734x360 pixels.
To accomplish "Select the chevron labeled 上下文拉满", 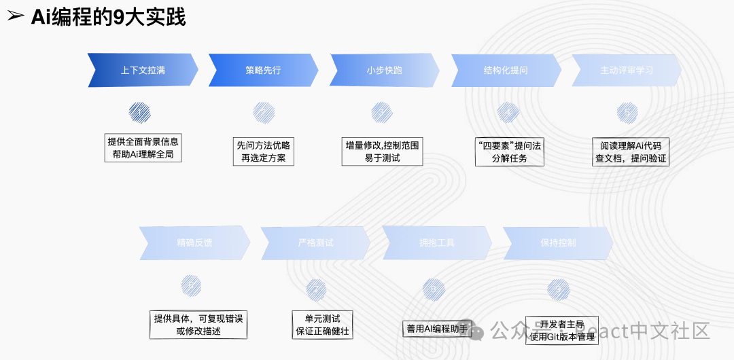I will pyautogui.click(x=143, y=70).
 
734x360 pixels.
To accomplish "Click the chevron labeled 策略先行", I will pyautogui.click(x=263, y=70).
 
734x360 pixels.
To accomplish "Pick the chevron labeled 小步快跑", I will pyautogui.click(x=385, y=70).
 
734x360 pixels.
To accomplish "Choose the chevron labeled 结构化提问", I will pyautogui.click(x=506, y=70).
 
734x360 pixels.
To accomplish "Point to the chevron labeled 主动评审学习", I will pyautogui.click(x=626, y=70).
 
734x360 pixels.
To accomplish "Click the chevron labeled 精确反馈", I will pyautogui.click(x=194, y=242).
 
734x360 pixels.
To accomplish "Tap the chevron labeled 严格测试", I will pyautogui.click(x=315, y=242).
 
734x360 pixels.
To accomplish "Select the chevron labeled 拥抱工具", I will pyautogui.click(x=437, y=242).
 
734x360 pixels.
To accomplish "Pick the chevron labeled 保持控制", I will pyautogui.click(x=558, y=242).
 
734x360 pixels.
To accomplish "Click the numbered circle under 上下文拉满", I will pyautogui.click(x=139, y=112).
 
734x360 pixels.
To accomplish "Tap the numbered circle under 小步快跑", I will pyautogui.click(x=381, y=112).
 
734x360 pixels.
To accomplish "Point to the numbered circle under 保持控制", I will pyautogui.click(x=559, y=289).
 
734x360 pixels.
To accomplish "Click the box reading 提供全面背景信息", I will pyautogui.click(x=143, y=148).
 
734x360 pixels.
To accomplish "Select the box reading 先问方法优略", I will pyautogui.click(x=263, y=151).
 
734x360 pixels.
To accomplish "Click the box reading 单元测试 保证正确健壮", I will pyautogui.click(x=323, y=325).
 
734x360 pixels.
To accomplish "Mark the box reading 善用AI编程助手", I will pyautogui.click(x=437, y=329).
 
